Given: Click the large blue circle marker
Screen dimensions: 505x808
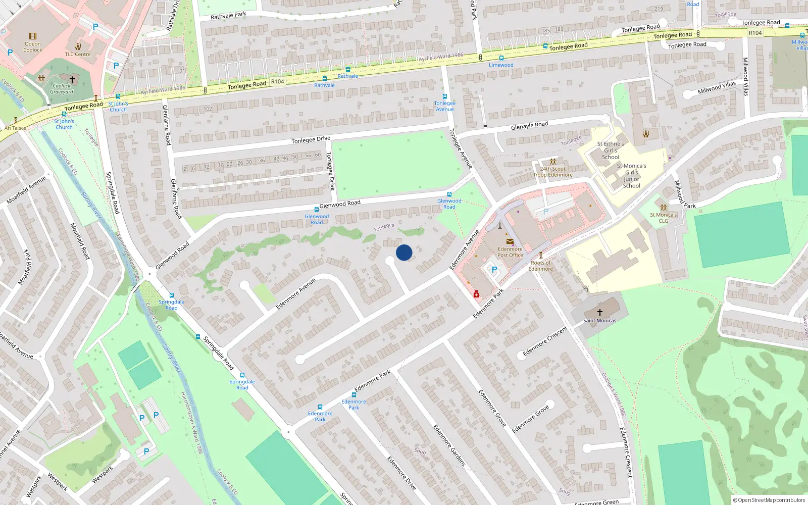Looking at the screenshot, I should (x=404, y=252).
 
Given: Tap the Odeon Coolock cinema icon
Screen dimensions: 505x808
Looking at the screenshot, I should (x=33, y=36).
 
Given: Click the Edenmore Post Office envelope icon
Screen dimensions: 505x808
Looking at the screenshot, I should (x=510, y=241).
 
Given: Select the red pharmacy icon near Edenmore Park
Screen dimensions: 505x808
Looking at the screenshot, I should (x=476, y=294).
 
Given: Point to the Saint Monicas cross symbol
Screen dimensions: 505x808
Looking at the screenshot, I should (x=600, y=312).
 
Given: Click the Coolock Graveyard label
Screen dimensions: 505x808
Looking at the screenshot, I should (x=62, y=89).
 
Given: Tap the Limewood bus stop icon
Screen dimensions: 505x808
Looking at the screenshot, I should (x=501, y=58).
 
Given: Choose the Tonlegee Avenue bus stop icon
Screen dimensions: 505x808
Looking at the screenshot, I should (x=444, y=96).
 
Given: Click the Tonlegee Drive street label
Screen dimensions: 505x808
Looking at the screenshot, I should (x=311, y=139).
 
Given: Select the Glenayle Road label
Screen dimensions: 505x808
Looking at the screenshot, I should (x=529, y=125).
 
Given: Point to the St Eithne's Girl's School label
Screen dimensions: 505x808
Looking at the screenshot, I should (x=610, y=150).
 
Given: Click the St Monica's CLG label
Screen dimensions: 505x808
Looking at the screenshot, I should (x=663, y=218).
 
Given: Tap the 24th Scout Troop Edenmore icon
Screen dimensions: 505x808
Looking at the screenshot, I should (x=552, y=162).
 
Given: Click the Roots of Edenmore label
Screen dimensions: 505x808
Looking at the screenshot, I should (x=540, y=266).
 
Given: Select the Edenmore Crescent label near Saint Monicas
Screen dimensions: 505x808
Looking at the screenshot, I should (x=545, y=341).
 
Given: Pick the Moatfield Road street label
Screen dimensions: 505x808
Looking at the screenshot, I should (x=80, y=241).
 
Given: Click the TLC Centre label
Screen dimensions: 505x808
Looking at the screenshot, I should (x=78, y=54).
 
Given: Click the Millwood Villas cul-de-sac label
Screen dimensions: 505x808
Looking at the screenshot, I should (x=717, y=88).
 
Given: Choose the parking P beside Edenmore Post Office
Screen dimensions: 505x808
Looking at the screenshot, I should (x=494, y=270).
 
